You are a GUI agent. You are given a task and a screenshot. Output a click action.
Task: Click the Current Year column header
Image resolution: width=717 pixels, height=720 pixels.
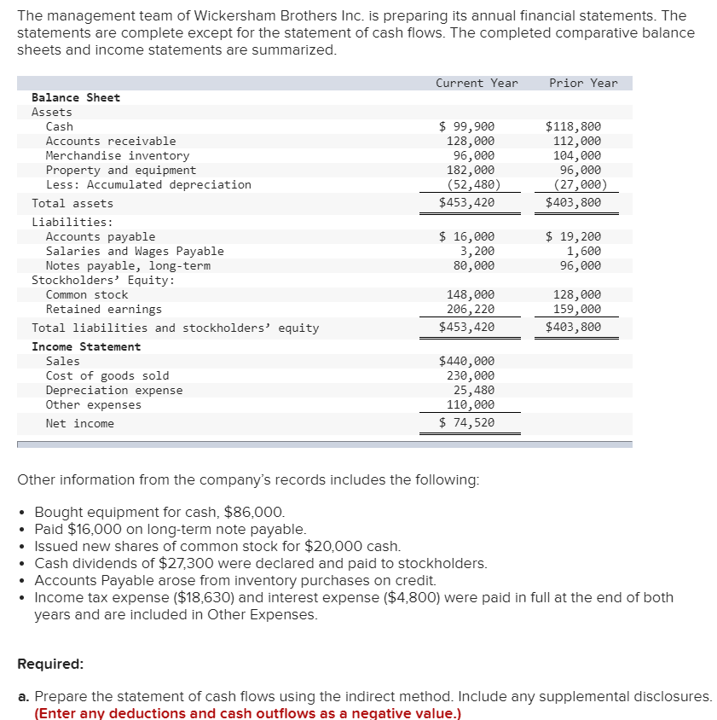tap(477, 83)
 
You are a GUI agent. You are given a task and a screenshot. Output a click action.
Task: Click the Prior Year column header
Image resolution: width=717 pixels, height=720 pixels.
tap(583, 83)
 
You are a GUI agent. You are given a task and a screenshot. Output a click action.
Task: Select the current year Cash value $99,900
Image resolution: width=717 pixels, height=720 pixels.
tap(466, 126)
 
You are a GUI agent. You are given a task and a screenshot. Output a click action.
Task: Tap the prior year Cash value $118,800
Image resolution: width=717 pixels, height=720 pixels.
tap(573, 126)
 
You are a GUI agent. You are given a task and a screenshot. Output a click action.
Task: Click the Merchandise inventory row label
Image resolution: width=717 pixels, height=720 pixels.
tap(118, 155)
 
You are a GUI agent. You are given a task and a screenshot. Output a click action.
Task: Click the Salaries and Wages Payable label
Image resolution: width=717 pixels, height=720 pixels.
tap(135, 251)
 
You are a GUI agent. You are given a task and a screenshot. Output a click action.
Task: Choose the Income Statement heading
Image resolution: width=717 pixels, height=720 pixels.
tap(86, 346)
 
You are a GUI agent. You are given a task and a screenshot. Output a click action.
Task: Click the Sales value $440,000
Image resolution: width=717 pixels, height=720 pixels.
tap(466, 361)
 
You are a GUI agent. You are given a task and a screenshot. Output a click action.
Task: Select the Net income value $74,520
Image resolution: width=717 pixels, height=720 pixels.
tap(466, 423)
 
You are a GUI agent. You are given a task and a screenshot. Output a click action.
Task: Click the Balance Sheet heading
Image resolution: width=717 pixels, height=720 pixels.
tap(76, 97)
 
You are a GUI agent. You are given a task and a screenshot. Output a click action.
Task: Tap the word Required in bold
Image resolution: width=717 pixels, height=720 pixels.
tap(50, 664)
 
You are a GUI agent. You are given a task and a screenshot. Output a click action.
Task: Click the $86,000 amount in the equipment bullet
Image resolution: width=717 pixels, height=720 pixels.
tap(253, 513)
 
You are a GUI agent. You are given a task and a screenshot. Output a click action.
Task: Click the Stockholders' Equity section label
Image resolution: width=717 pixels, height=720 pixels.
tap(103, 280)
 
